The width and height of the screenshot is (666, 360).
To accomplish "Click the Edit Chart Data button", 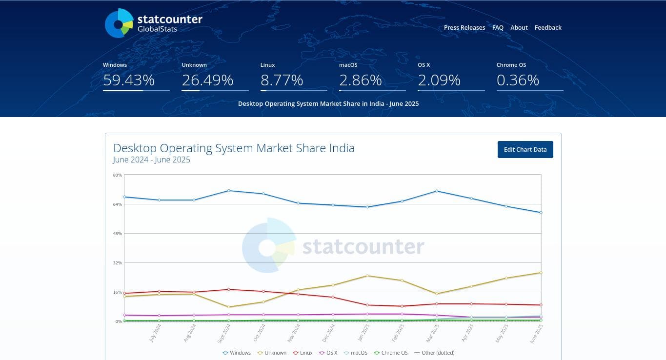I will coord(525,150).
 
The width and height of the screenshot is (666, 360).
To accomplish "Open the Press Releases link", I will coord(464,28).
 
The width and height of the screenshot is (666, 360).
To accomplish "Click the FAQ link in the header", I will coord(498,28).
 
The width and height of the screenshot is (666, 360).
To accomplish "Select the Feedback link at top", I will coord(548,28).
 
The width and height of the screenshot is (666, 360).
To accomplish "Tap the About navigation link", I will coord(519,28).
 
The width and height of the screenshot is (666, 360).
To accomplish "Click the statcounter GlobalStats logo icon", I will coord(119,23).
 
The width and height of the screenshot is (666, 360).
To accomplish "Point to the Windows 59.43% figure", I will coord(129,80).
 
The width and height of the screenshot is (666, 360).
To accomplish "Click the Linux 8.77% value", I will coord(282,80).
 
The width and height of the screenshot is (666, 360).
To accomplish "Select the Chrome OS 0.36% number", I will coord(518,80).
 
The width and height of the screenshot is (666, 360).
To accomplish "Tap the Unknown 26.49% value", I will coord(207,80).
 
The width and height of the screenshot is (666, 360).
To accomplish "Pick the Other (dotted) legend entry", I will coord(434,353).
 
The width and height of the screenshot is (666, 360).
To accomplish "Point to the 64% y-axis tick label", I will coord(118,204).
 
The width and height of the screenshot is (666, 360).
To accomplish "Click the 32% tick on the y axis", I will coord(118,263).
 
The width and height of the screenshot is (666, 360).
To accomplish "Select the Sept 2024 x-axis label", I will coord(223,333).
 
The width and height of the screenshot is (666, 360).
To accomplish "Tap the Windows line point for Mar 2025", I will coord(437,191).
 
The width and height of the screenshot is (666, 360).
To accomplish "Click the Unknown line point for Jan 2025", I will coord(367,276).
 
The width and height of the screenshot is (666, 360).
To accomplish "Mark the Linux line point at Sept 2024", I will coord(229,289).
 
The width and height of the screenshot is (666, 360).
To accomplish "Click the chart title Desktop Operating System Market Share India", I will coord(234,148).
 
